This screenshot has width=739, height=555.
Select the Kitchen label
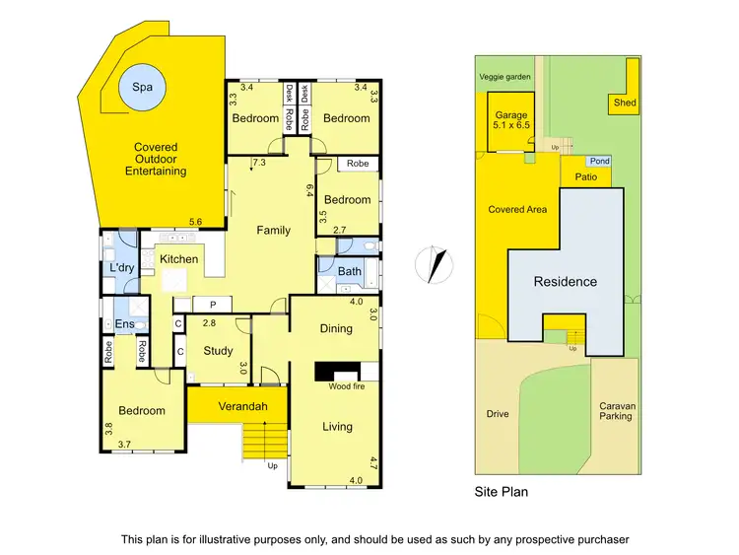point(179,259)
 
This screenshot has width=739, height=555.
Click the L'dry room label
point(122,268)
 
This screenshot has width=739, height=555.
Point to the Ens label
point(124,323)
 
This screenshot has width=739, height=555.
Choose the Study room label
point(218,350)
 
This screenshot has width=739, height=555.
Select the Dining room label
point(336,328)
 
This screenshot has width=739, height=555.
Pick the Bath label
point(350,271)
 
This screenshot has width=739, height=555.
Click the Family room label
point(273,231)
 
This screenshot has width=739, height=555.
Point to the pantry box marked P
point(211,305)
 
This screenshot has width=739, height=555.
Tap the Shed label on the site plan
point(624,103)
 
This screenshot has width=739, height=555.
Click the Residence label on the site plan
point(565,281)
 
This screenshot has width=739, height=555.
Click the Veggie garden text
point(504,76)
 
